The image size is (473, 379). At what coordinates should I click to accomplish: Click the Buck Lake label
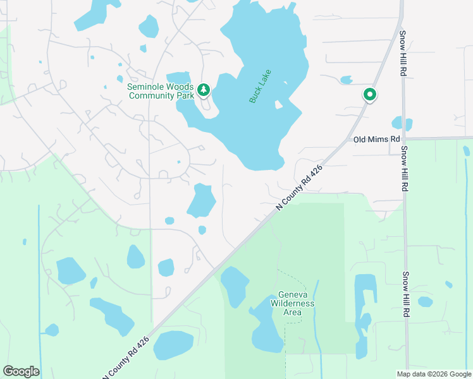[x=260, y=86]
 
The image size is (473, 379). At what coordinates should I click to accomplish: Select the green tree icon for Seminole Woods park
[x=204, y=90]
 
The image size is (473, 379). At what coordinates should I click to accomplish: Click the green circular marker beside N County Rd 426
[x=370, y=95]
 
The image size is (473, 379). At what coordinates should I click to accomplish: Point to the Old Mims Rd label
[x=377, y=139]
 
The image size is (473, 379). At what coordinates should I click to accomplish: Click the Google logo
[x=21, y=371]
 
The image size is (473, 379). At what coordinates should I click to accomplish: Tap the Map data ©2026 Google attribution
[x=434, y=373]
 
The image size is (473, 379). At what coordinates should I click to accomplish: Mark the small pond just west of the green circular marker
[x=346, y=80]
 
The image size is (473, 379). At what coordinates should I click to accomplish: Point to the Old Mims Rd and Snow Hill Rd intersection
[x=403, y=138]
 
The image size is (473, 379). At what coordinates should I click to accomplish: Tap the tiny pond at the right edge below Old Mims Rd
[x=467, y=151]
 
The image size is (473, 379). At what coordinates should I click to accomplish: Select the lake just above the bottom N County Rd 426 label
[x=173, y=345]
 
